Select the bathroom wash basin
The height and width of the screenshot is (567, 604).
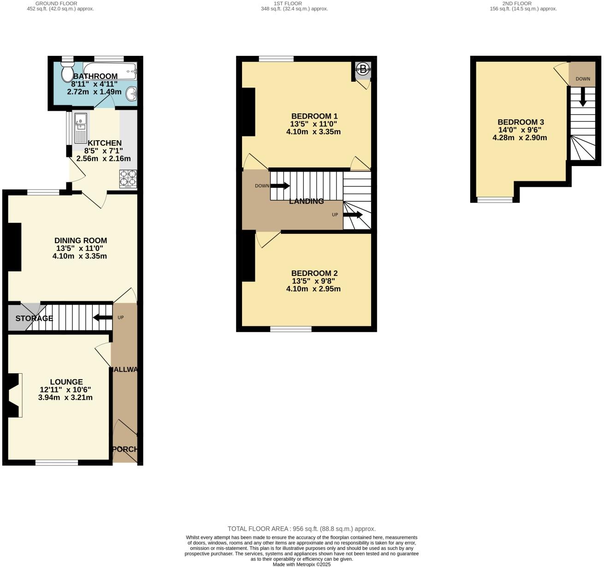pos(132,94)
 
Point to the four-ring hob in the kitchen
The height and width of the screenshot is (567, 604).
pos(128,179)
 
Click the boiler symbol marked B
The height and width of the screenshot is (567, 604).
pos(363,70)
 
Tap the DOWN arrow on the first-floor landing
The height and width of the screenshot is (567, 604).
pos(279,186)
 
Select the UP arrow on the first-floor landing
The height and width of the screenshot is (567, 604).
pos(353,215)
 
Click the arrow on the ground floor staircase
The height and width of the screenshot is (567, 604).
pos(102,317)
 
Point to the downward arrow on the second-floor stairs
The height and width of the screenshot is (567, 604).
pos(582,97)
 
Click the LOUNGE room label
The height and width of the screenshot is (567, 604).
pos(66,382)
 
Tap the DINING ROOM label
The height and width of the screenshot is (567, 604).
pos(81,240)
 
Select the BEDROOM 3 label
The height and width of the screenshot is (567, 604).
pos(521,122)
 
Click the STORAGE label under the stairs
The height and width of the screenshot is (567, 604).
pos(34,318)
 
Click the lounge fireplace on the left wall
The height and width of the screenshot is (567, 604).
pos(14,396)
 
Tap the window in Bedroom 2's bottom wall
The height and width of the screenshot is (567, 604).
pos(290,329)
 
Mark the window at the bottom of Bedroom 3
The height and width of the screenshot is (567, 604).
pos(495,200)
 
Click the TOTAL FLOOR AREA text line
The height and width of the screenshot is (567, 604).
pos(302,529)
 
